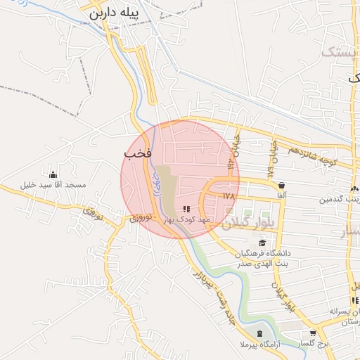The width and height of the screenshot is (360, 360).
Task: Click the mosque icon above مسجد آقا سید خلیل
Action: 53,174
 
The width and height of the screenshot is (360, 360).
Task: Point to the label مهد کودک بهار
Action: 186,220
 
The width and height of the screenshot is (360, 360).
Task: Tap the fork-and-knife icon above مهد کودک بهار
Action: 186,209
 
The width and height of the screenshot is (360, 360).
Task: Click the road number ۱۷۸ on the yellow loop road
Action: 228,195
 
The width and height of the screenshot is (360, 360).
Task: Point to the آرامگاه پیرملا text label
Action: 259,345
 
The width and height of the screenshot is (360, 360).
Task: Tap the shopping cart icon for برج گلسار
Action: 313,333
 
